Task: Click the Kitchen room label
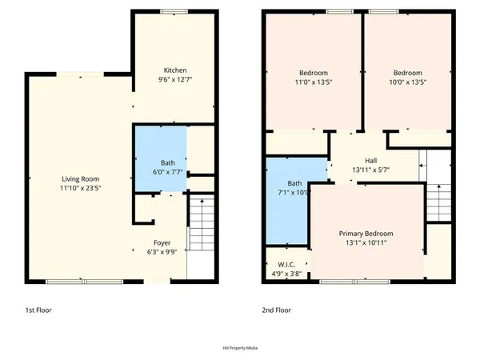tap(174, 70)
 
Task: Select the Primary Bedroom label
tap(366, 234)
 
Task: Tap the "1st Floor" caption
tap(40, 310)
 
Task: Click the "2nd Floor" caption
tap(276, 310)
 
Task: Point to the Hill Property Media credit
tap(240, 348)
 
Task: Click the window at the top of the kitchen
tap(174, 11)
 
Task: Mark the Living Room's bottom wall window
tap(83, 281)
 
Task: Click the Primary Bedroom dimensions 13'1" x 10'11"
tap(366, 243)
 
